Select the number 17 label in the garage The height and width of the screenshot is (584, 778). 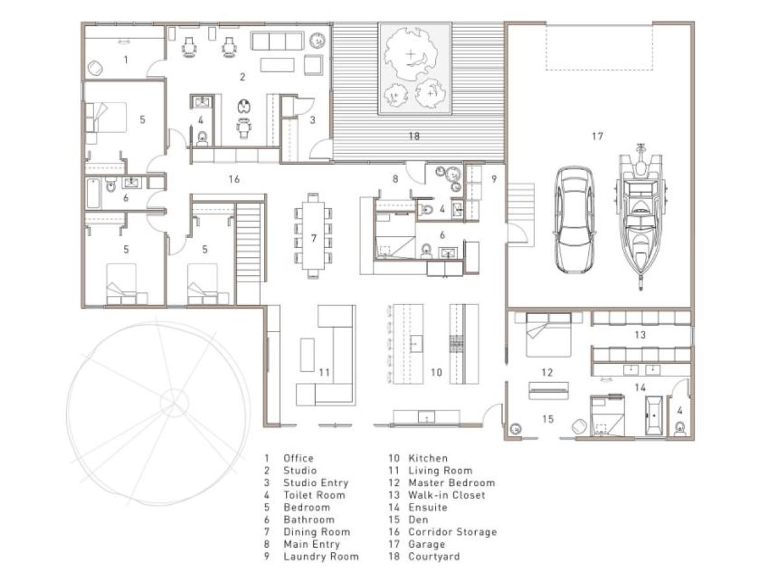597,136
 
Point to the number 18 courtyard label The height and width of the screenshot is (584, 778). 414,136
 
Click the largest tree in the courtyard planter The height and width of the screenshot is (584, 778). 409,56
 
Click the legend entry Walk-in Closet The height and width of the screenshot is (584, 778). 446,495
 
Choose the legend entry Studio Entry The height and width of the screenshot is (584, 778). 315,483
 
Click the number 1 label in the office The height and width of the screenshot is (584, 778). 126,60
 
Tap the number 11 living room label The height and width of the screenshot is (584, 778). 325,372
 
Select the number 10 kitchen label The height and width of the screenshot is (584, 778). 436,372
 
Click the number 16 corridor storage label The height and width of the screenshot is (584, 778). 234,179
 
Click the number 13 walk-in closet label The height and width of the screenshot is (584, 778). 640,335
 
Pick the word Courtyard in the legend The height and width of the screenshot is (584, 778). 434,557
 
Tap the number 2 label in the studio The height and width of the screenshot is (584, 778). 242,77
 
